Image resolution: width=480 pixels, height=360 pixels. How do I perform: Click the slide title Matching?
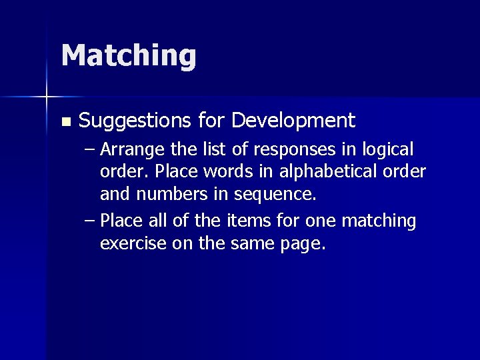(x=129, y=56)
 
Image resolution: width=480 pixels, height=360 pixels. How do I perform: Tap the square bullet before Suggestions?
(x=65, y=122)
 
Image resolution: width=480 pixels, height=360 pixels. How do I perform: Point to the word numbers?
(x=167, y=195)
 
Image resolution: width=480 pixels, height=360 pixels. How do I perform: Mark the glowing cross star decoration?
(x=47, y=97)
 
